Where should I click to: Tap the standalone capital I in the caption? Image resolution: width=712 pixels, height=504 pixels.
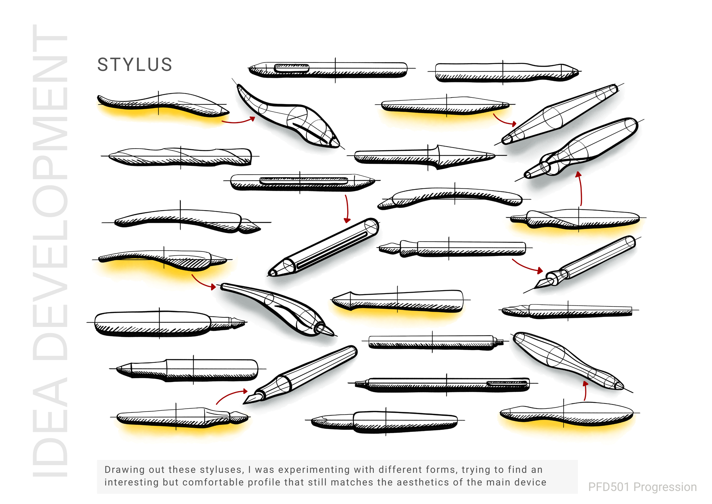[x=250, y=470]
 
